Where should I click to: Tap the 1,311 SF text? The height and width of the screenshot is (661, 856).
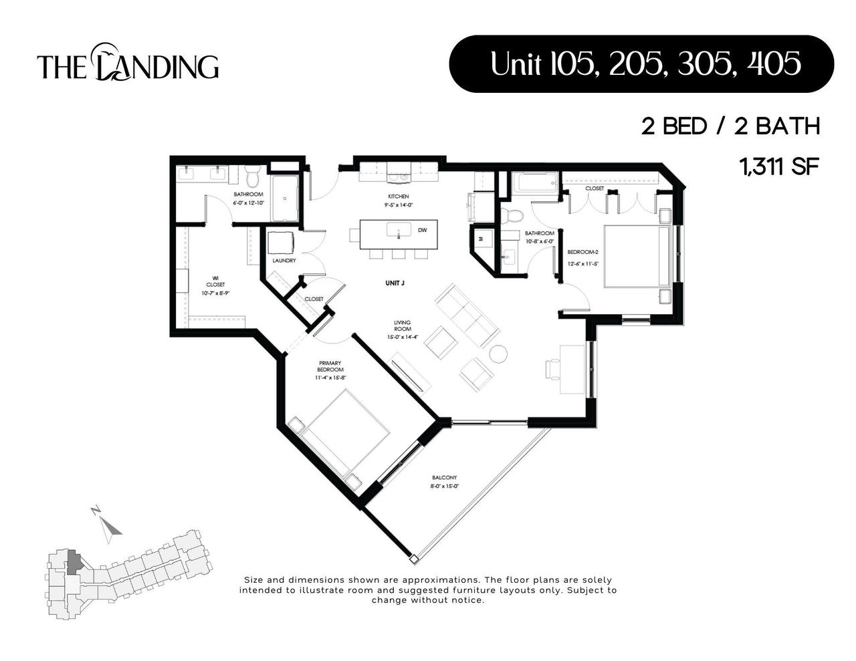(779, 166)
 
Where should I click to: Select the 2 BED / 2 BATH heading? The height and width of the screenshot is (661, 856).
(730, 126)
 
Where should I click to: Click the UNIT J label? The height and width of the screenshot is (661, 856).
(395, 283)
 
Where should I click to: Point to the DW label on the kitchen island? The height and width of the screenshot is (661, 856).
(422, 231)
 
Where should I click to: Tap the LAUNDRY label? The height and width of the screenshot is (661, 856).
(284, 261)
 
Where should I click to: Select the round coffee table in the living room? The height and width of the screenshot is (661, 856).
(499, 354)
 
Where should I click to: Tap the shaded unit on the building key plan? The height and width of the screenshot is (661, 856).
(74, 562)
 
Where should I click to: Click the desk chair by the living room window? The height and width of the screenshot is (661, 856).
(553, 368)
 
